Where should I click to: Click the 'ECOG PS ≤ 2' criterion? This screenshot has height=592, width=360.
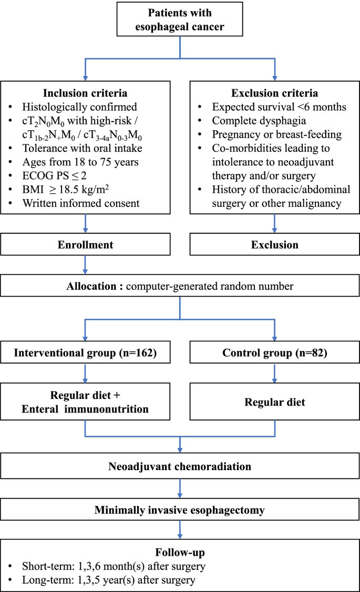pyautogui.click(x=59, y=174)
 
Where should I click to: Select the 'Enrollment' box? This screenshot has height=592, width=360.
pyautogui.click(x=86, y=245)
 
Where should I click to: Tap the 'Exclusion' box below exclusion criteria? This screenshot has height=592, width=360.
pyautogui.click(x=274, y=245)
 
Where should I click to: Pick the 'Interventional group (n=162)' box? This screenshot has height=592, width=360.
pyautogui.click(x=86, y=353)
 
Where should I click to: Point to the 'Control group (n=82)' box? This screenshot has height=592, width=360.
pyautogui.click(x=274, y=353)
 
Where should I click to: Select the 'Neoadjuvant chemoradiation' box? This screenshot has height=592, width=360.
pyautogui.click(x=180, y=466)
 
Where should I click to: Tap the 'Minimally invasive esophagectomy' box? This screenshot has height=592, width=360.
pyautogui.click(x=180, y=510)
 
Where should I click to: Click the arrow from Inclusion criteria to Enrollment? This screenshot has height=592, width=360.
pyautogui.click(x=86, y=223)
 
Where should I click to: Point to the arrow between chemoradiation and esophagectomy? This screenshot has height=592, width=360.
pyautogui.click(x=180, y=489)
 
